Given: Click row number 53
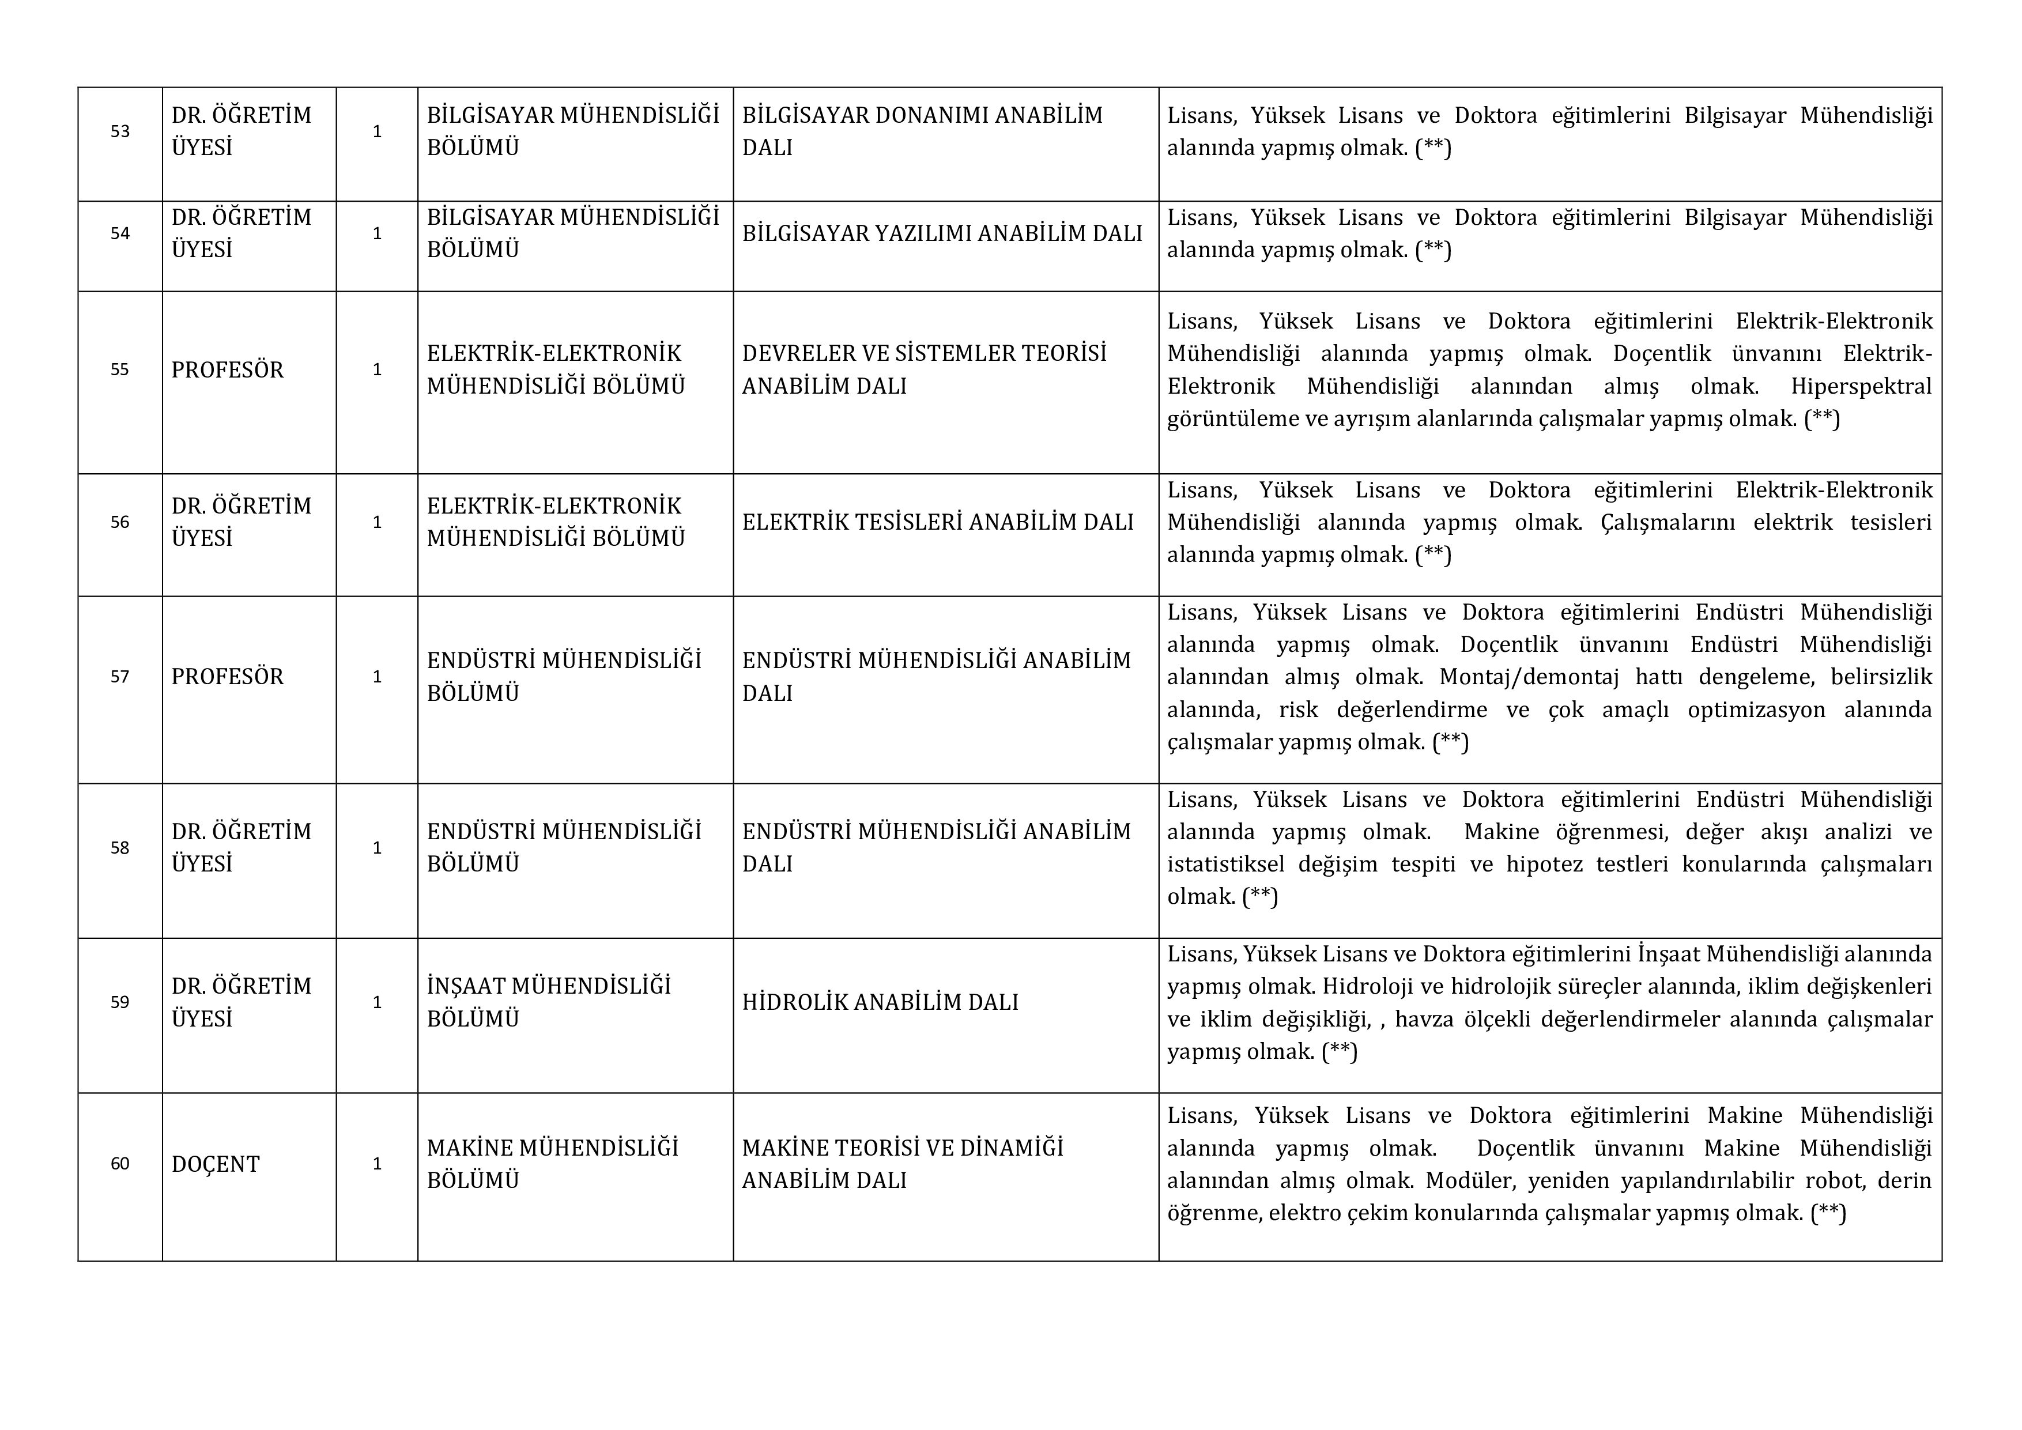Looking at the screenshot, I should tap(120, 131).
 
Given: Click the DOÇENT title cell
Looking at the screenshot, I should tap(216, 1164).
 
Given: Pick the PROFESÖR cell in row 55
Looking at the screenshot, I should tap(227, 370).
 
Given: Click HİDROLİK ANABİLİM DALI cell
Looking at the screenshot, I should tap(880, 1002).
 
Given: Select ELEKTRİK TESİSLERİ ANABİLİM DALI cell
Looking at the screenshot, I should tap(937, 522).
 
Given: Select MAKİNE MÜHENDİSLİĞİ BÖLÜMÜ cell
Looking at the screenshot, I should tap(552, 1164).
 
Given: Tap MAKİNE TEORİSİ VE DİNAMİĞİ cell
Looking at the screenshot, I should tap(902, 1164).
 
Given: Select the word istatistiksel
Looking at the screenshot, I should tap(1226, 864).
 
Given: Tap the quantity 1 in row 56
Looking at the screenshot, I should tap(377, 522).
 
